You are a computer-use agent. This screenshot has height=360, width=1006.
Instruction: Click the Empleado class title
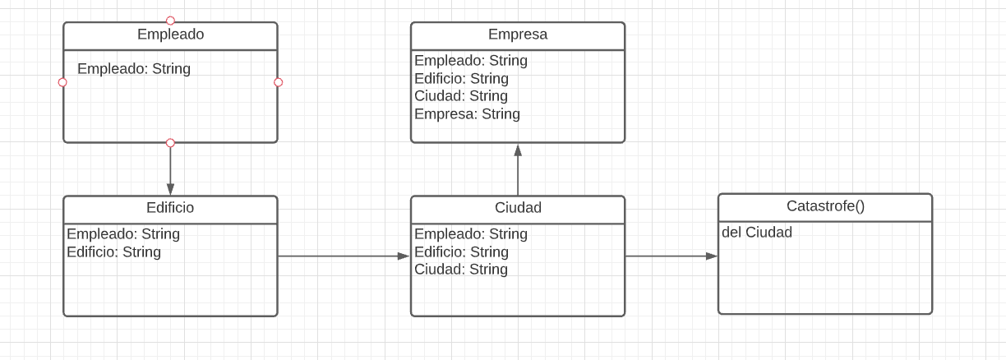(x=170, y=35)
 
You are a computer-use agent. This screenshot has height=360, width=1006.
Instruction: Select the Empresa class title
(x=518, y=35)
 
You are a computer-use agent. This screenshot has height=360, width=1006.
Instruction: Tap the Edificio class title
(x=170, y=208)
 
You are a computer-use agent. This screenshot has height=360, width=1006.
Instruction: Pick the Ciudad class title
(x=518, y=208)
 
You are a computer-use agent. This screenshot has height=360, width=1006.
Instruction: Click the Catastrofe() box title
(x=825, y=206)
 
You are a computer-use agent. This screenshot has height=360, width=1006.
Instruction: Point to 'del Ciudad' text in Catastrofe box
(x=757, y=233)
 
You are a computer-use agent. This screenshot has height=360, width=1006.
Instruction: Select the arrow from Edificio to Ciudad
(x=344, y=256)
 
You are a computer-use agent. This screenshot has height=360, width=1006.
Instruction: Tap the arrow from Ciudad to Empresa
(x=518, y=170)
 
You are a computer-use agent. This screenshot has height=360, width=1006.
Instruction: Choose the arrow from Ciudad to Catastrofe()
(x=671, y=256)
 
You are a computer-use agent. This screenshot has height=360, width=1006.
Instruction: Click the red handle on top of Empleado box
(x=170, y=21)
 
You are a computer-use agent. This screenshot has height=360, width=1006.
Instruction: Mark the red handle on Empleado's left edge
(x=62, y=82)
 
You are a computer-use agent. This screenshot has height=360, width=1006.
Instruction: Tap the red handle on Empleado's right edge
(x=278, y=82)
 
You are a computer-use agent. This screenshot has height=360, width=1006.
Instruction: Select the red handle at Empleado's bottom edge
(x=170, y=143)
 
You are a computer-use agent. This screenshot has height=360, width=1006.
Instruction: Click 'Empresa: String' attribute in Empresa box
(x=467, y=114)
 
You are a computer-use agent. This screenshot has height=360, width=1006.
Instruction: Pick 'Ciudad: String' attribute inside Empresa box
(x=461, y=96)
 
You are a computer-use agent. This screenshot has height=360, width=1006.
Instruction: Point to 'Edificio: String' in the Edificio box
(x=113, y=252)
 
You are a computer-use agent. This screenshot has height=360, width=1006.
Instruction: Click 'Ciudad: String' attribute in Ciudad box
(x=461, y=270)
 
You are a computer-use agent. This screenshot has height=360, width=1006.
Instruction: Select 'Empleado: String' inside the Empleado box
(x=134, y=69)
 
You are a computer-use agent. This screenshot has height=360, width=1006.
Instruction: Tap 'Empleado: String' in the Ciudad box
(x=471, y=234)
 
